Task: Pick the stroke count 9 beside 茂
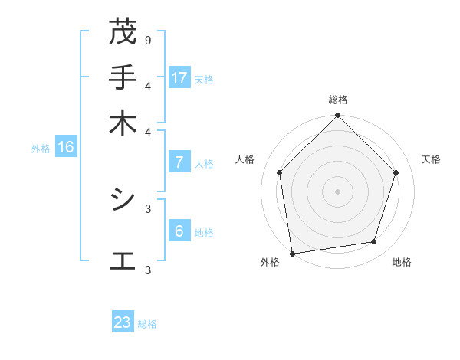coord(147,40)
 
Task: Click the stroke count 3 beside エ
coord(147,270)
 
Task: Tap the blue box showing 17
coord(179,77)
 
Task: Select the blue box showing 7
coord(179,162)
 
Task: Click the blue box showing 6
coord(179,231)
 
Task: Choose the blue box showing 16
coord(66,147)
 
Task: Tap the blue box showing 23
coord(123,322)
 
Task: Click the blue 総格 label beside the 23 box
coord(147,324)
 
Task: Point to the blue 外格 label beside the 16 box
coord(41,149)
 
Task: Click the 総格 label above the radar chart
coord(338,100)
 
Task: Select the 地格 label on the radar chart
coord(402,262)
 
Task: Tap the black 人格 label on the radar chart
coord(245,159)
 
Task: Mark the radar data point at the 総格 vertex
coord(337,117)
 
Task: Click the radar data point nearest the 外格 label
coord(292,253)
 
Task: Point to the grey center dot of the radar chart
coord(337,191)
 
